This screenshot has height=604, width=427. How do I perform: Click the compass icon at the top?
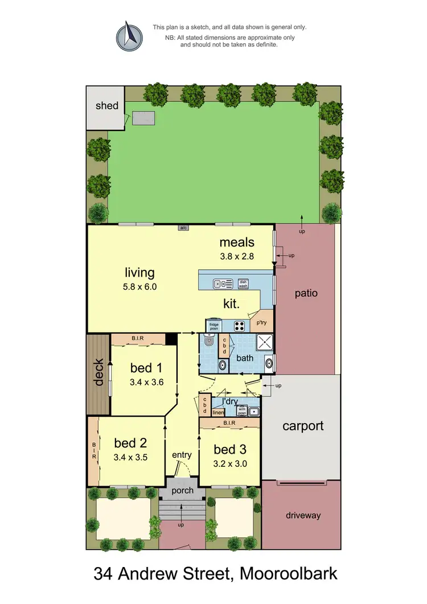pyautogui.click(x=130, y=36)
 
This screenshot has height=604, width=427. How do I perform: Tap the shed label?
pyautogui.click(x=107, y=105)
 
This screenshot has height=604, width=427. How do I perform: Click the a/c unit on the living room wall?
pyautogui.click(x=183, y=228)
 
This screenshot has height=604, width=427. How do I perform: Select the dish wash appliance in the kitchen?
pyautogui.click(x=243, y=283)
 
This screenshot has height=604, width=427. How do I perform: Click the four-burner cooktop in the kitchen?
pyautogui.click(x=240, y=326)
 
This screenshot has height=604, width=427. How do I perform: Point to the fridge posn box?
pyautogui.click(x=213, y=326)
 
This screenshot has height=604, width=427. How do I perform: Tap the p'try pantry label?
pyautogui.click(x=262, y=323)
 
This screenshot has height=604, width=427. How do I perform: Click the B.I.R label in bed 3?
pyautogui.click(x=230, y=423)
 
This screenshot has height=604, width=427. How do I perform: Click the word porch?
pyautogui.click(x=182, y=490)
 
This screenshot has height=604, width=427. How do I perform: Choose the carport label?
pyautogui.click(x=303, y=426)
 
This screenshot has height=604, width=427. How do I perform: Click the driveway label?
pyautogui.click(x=303, y=515)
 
